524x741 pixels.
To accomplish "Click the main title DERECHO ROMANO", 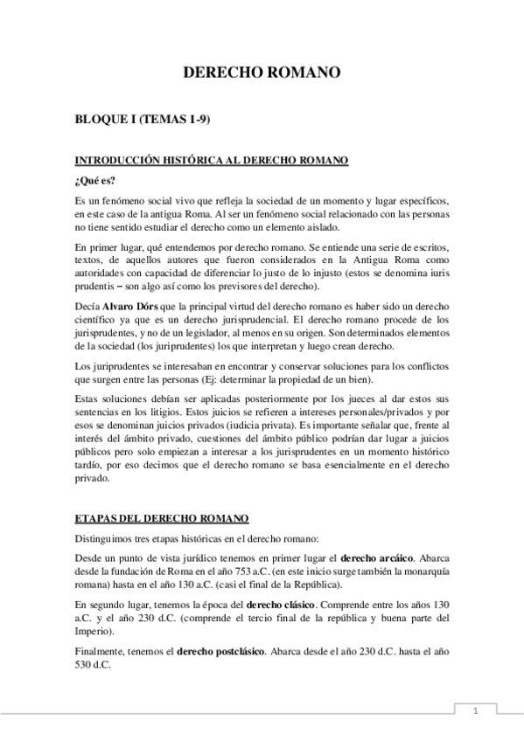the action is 261,74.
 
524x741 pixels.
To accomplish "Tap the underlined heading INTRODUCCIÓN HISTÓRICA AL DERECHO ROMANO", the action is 213,160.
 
